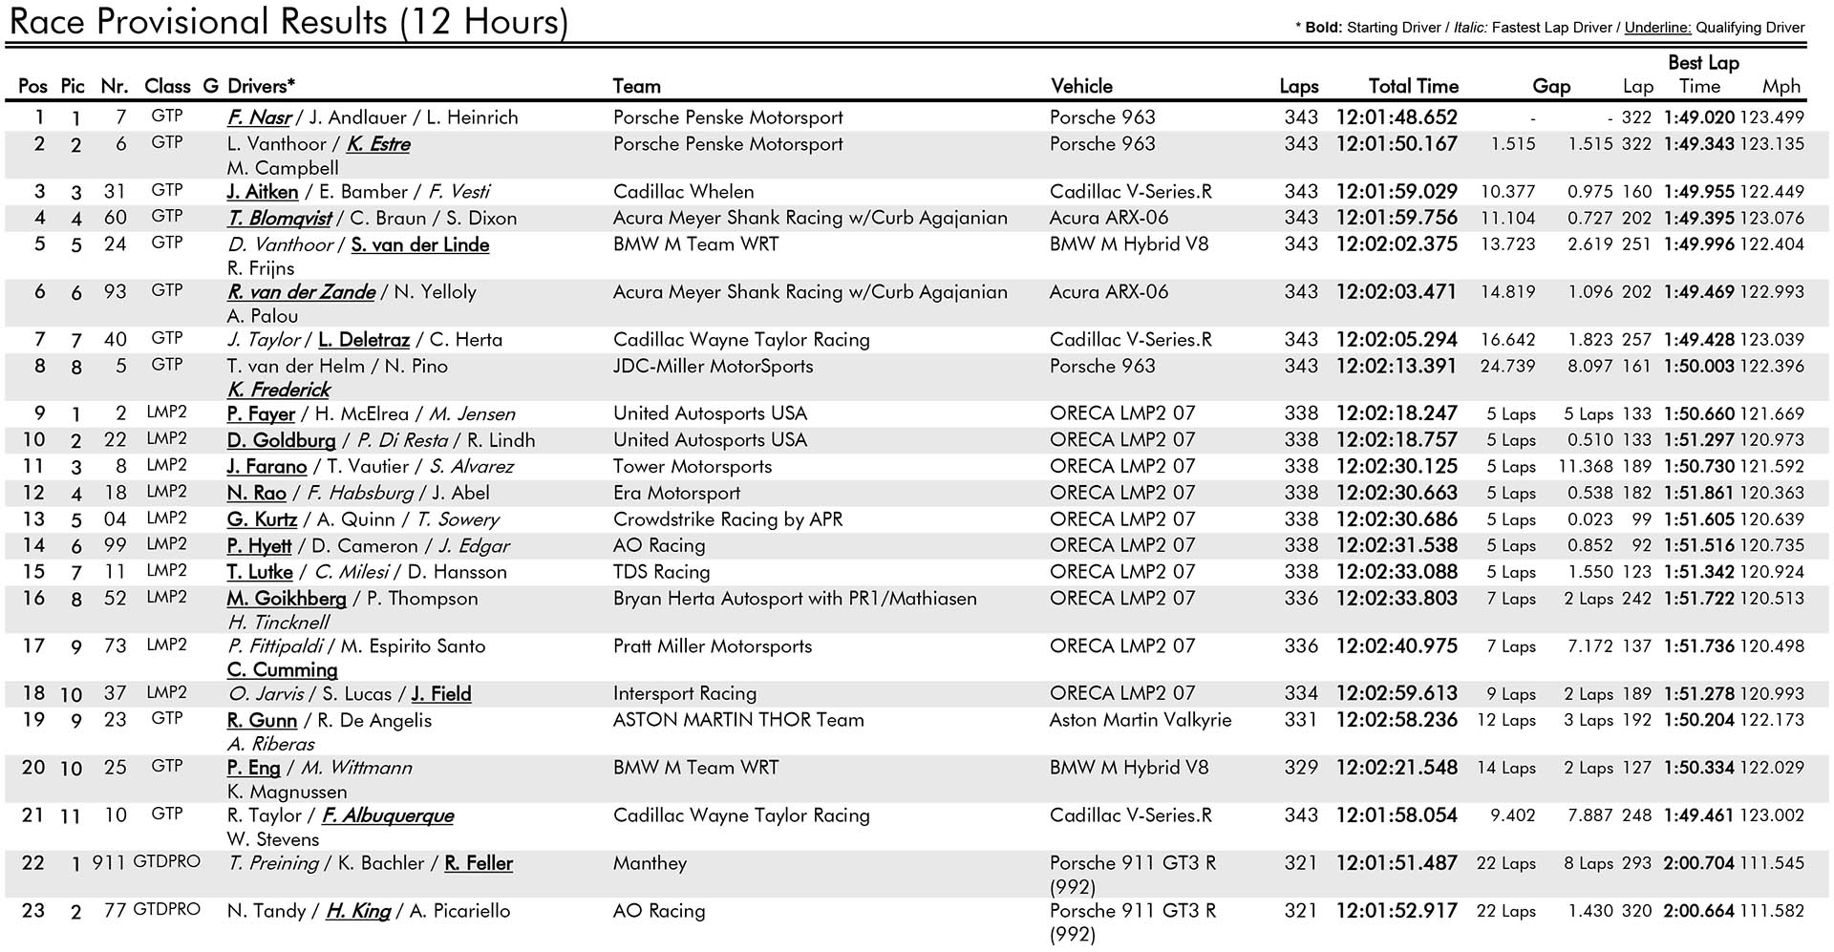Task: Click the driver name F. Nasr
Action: pos(259,117)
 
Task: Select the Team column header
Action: pos(636,86)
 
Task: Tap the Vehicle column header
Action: pos(1081,86)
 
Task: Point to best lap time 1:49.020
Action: pos(1698,117)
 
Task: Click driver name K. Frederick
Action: pos(279,390)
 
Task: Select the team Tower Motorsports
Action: pos(692,467)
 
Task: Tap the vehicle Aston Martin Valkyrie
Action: pos(1140,720)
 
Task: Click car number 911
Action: pos(109,863)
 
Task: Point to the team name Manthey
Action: pos(650,863)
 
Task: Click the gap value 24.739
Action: pos(1507,367)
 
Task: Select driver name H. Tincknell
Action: pos(278,623)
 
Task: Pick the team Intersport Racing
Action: pos(684,693)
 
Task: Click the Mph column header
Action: pos(1781,86)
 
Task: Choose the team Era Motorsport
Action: pos(676,494)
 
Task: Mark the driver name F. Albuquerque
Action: pos(388,815)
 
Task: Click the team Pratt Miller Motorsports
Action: pos(712,646)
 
